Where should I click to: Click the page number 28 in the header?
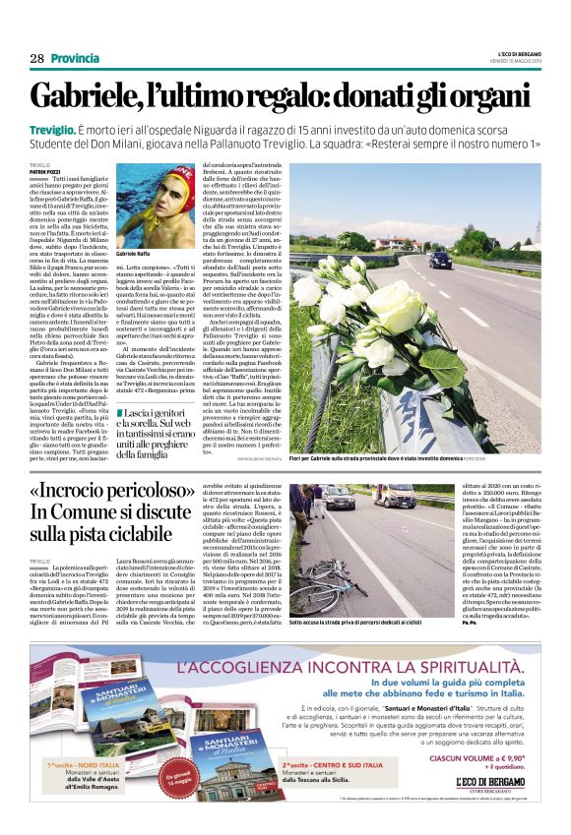pyautogui.click(x=37, y=59)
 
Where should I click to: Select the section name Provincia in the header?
pyautogui.click(x=75, y=59)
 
